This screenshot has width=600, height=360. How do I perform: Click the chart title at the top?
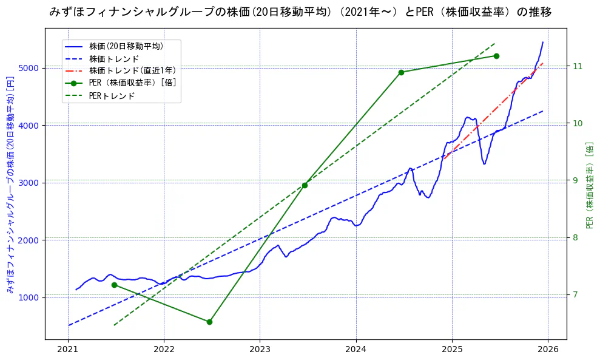(x=300, y=12)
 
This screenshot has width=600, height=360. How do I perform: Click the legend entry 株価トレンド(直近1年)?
(x=132, y=70)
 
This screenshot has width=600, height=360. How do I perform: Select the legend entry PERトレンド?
(x=112, y=96)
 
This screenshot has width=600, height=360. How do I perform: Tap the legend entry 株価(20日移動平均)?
(x=126, y=46)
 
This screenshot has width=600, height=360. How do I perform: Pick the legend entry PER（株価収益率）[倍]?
(x=132, y=83)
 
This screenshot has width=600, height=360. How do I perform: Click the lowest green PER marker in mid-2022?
(x=209, y=322)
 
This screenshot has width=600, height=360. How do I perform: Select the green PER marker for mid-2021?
(x=114, y=285)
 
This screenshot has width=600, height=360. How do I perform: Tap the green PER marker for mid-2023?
(x=305, y=185)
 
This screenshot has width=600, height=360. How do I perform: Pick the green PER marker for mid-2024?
(x=401, y=72)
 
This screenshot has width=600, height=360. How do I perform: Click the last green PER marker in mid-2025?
(x=496, y=56)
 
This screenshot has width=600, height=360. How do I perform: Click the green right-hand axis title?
(x=590, y=185)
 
